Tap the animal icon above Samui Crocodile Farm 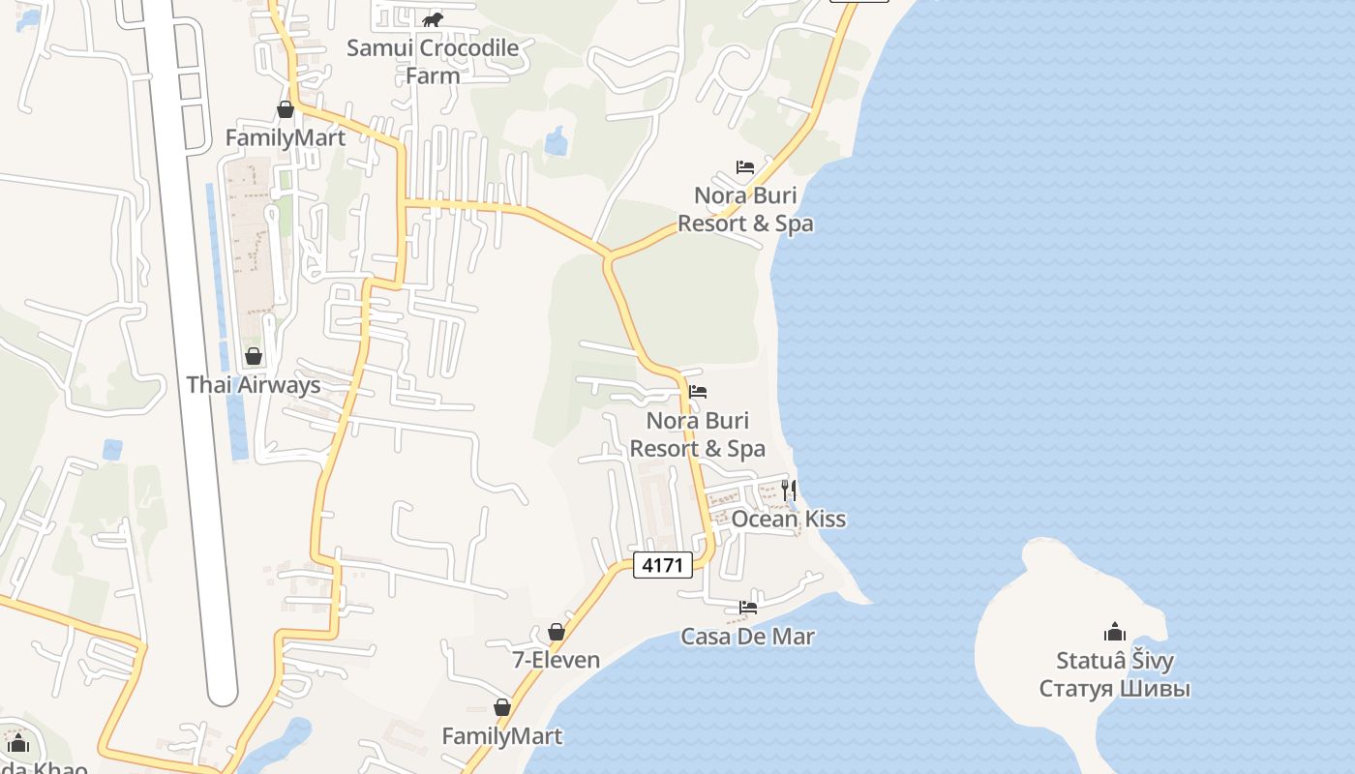432,19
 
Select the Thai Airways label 253,384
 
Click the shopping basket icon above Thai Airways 254,357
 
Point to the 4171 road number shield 663,565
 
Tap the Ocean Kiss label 788,519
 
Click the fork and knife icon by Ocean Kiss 789,490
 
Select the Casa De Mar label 747,637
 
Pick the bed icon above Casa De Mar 748,608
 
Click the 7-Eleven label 556,660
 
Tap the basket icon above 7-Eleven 557,633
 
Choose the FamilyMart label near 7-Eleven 501,736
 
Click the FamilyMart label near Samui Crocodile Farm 285,137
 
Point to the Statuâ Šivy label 1115,662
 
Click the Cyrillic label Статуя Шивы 1115,689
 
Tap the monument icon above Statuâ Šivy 1115,633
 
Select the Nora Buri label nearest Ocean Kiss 697,434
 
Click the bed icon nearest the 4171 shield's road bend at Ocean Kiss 698,392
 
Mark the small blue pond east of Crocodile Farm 556,142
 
